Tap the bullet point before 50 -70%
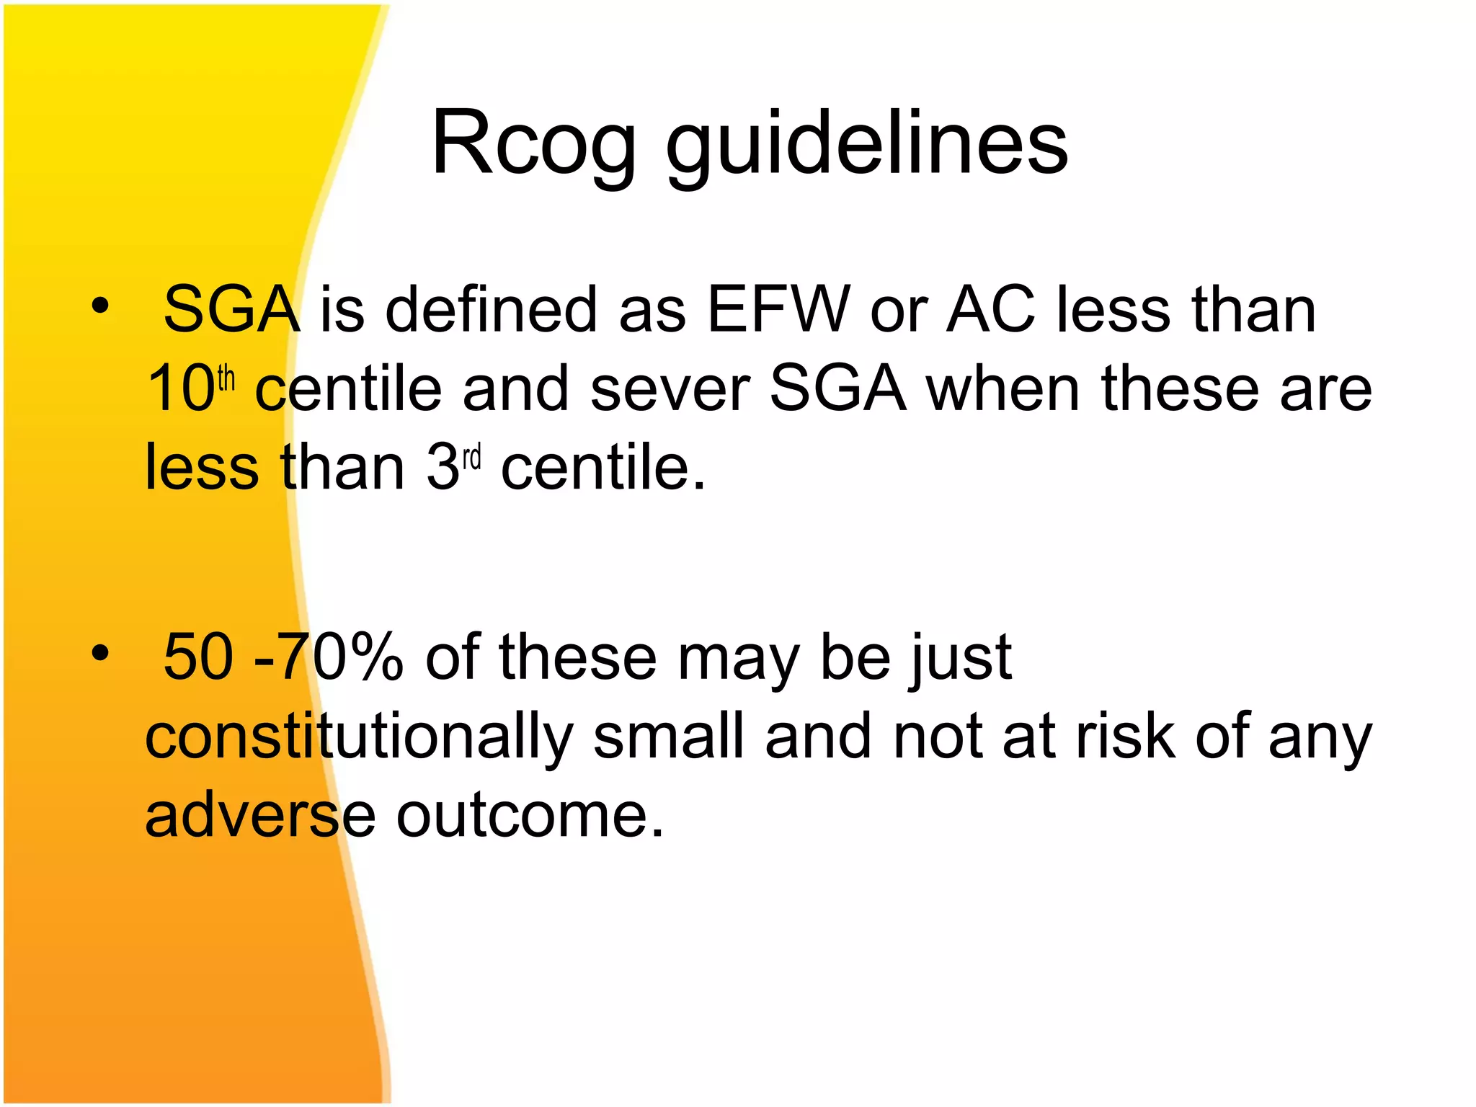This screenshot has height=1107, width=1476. pyautogui.click(x=100, y=654)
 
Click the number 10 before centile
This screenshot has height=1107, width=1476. pyautogui.click(x=180, y=389)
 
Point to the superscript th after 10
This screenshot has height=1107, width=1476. pyautogui.click(x=226, y=378)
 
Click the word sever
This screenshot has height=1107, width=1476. pyautogui.click(x=670, y=389)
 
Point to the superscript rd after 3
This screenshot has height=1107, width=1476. pyautogui.click(x=471, y=458)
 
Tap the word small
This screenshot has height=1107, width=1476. pyautogui.click(x=668, y=737)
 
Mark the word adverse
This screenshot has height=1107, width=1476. pyautogui.click(x=260, y=817)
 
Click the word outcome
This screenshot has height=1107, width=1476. pyautogui.click(x=529, y=817)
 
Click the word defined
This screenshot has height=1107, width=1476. pyautogui.click(x=491, y=310)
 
